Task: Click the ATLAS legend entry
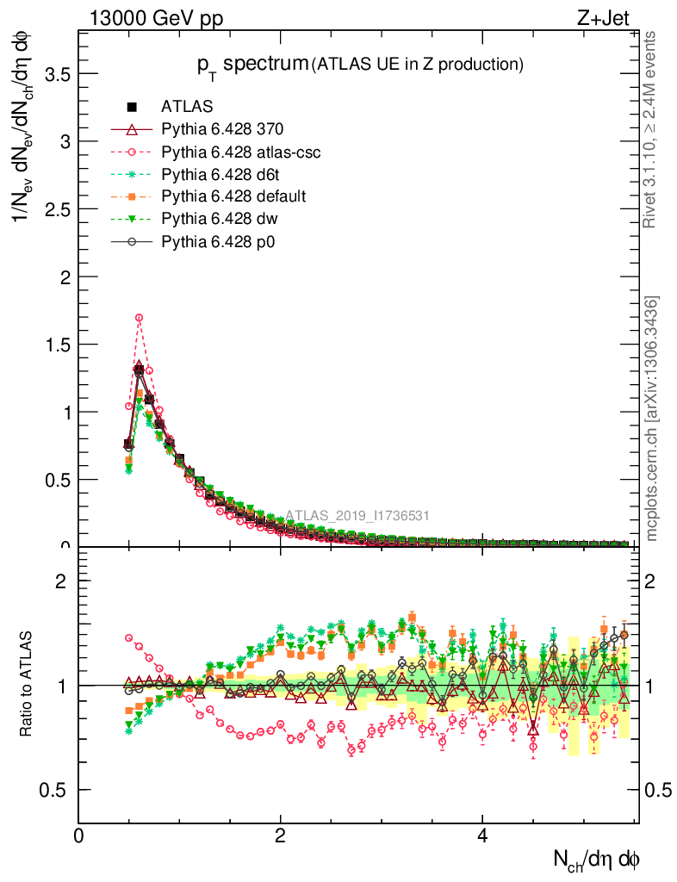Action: pyautogui.click(x=186, y=107)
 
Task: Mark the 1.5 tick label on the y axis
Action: pyautogui.click(x=58, y=345)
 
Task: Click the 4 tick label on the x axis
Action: pyautogui.click(x=482, y=835)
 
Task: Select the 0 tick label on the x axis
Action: pyautogui.click(x=79, y=835)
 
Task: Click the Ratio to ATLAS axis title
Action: pyautogui.click(x=29, y=685)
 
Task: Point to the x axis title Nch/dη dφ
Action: pyautogui.click(x=596, y=858)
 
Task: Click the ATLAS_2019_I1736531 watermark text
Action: pyautogui.click(x=357, y=516)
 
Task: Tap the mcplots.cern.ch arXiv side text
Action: pyautogui.click(x=652, y=419)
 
